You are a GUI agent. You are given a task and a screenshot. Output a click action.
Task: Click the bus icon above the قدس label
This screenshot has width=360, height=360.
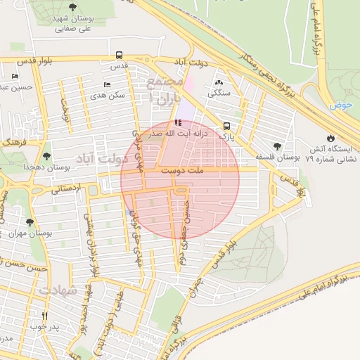[x=119, y=54]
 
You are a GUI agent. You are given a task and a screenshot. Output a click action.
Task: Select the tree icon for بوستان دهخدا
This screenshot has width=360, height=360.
[x=47, y=156]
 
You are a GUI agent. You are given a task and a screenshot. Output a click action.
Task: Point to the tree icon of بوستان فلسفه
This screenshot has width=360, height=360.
[x=278, y=146]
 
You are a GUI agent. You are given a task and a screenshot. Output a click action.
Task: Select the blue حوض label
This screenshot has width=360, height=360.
[x=342, y=105]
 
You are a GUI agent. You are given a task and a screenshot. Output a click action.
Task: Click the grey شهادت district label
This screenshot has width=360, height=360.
[x=57, y=290]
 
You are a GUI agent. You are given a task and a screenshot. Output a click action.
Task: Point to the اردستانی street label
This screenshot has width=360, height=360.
[x=67, y=188]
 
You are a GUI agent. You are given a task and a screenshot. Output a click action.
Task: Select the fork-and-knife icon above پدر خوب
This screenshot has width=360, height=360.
[x=46, y=316]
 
